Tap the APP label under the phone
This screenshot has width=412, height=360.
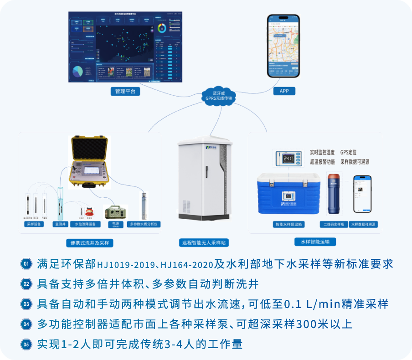click(x=284, y=91)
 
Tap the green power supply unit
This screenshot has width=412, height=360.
click(x=116, y=212)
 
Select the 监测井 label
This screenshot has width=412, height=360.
click(x=60, y=224)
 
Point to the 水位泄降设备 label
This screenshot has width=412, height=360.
click(x=85, y=224)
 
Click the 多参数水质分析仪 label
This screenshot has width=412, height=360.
click(x=144, y=224)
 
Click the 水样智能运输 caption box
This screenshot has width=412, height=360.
click(x=315, y=242)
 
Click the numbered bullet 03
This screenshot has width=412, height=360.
click(x=26, y=304)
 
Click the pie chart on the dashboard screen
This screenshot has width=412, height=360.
click(x=78, y=71)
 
